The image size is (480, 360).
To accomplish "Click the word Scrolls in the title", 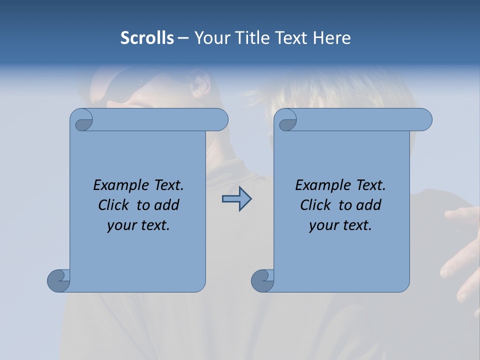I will [147, 38].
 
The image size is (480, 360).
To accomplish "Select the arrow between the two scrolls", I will [236, 199].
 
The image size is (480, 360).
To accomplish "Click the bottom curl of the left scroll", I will [58, 280].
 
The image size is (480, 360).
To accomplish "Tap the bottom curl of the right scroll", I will [262, 280].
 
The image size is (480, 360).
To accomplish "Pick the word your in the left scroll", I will [121, 225].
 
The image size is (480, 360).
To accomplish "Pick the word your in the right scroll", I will [323, 225].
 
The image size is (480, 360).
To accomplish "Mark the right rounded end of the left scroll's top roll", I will [220, 120].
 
